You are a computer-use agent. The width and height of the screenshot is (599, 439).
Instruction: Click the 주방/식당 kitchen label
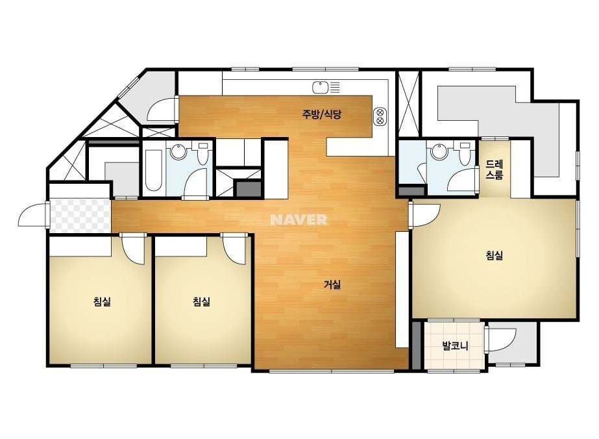(x=321, y=114)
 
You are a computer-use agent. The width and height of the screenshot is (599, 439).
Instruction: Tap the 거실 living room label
(x=332, y=284)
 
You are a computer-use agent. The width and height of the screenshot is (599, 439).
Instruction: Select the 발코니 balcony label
(x=455, y=346)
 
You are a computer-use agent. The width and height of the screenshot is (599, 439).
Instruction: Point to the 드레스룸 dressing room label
(x=495, y=169)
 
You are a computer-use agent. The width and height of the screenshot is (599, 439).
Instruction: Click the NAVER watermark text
(x=299, y=219)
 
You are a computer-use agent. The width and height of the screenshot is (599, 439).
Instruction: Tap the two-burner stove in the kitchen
(x=380, y=117)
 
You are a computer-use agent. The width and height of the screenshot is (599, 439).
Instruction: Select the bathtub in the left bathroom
(x=154, y=170)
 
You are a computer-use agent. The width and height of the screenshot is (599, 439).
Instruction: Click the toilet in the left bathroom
(x=203, y=153)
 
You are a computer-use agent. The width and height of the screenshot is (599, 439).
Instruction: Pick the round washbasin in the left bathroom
(x=178, y=152)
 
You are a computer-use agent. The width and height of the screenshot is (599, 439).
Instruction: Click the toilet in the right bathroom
(x=465, y=153)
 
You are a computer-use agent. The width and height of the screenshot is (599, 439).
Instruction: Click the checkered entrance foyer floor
(x=80, y=216)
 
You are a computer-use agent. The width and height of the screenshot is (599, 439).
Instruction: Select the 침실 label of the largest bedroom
(x=494, y=255)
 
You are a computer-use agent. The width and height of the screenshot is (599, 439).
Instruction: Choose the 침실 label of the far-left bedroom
(x=102, y=302)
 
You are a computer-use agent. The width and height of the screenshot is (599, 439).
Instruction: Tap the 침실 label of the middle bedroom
(x=201, y=302)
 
